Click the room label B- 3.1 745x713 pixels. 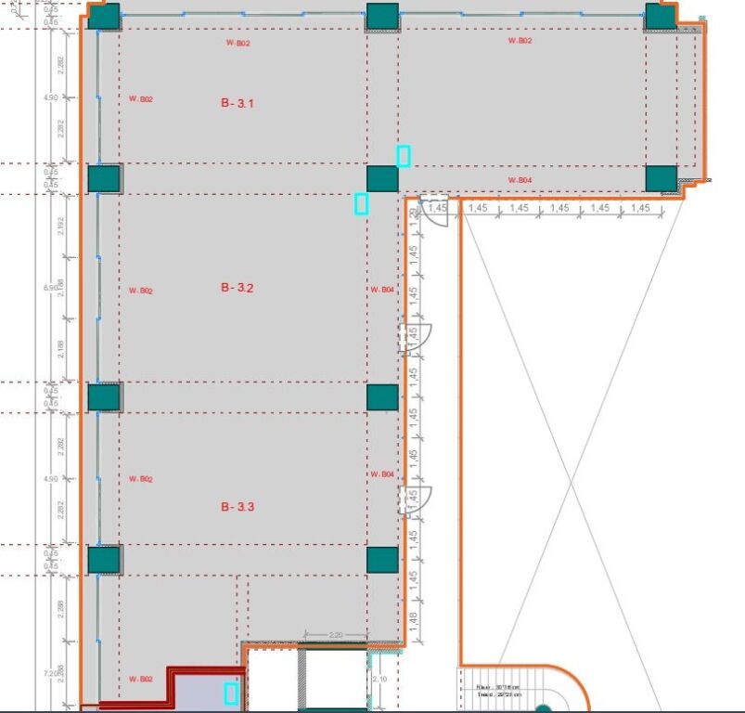[x=238, y=104]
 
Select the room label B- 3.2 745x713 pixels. [x=238, y=289]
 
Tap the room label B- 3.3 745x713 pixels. [x=238, y=507]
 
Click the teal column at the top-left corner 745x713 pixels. [x=104, y=16]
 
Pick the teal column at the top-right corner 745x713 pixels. [x=661, y=16]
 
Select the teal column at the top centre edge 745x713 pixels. [x=382, y=16]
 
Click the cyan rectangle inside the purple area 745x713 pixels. [x=231, y=693]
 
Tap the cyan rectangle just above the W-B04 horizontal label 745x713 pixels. [x=404, y=156]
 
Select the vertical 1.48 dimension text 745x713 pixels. [x=414, y=617]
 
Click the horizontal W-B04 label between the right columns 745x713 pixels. [x=520, y=180]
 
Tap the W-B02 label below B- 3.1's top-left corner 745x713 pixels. [x=141, y=99]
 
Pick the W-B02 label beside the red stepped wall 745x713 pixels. [x=141, y=679]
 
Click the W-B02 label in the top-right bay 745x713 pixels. [x=520, y=42]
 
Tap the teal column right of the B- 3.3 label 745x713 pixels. [x=382, y=560]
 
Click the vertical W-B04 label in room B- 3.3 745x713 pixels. [x=382, y=474]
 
